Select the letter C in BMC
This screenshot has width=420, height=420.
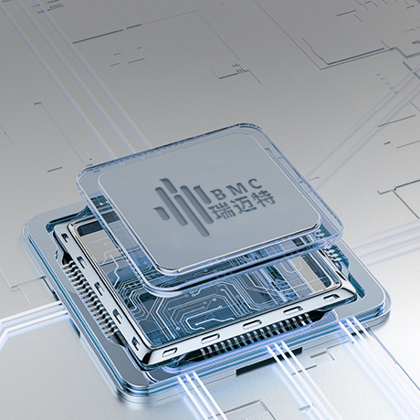pos(255,184)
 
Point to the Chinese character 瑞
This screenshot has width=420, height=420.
pos(221,211)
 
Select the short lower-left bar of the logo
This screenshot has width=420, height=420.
pos(161,214)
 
